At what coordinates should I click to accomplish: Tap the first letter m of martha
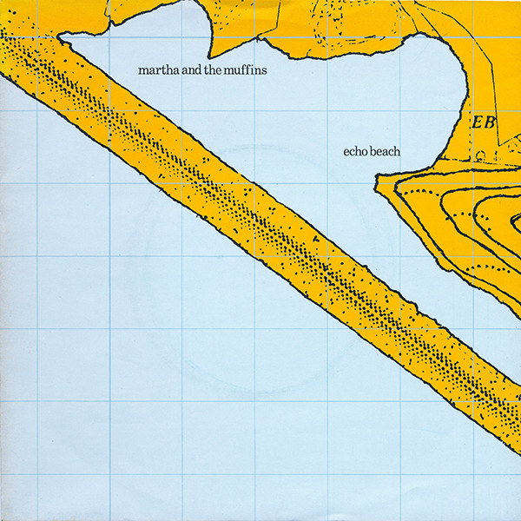coord(144,69)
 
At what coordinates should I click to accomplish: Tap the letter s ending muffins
coord(263,69)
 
